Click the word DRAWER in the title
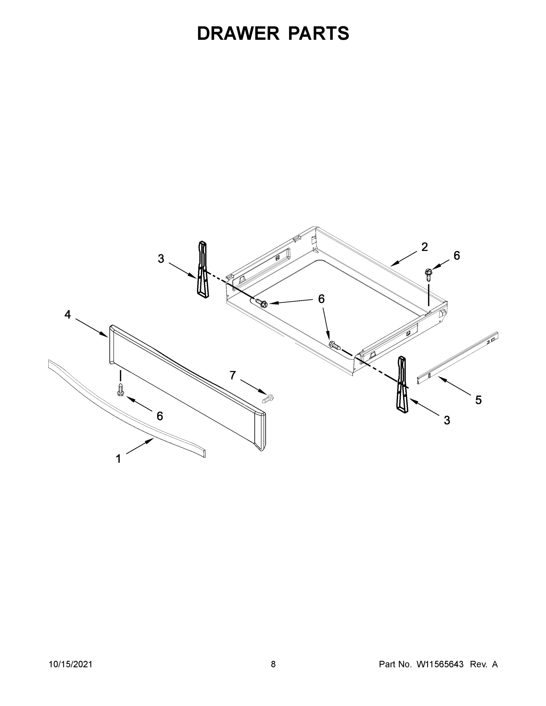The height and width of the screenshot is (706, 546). click(238, 33)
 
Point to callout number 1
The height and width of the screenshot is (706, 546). click(118, 459)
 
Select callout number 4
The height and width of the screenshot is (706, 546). click(67, 314)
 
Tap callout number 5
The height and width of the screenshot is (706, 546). click(478, 400)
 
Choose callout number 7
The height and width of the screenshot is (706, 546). click(233, 375)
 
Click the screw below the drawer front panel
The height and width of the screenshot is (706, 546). click(121, 389)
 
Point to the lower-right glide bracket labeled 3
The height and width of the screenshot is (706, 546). click(403, 384)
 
